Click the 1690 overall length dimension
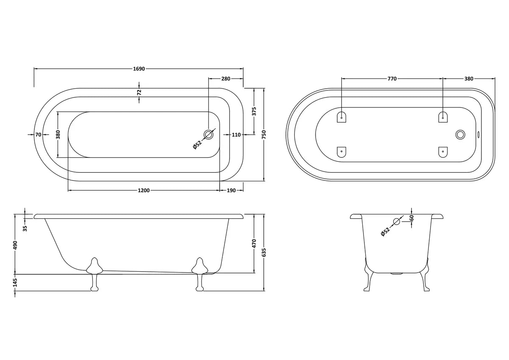pyautogui.click(x=139, y=68)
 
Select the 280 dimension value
pyautogui.click(x=226, y=79)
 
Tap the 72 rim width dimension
pyautogui.click(x=139, y=92)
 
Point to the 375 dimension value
pyautogui.click(x=254, y=111)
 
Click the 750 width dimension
pyautogui.click(x=264, y=135)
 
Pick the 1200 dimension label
pyautogui.click(x=143, y=191)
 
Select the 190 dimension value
pyautogui.click(x=231, y=191)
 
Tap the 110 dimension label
pyautogui.click(x=236, y=135)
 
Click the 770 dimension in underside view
pyautogui.click(x=392, y=79)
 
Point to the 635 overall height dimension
pyautogui.click(x=264, y=253)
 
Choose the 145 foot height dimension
pyautogui.click(x=15, y=283)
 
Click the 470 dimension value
pyautogui.click(x=254, y=244)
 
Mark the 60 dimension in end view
pyautogui.click(x=411, y=218)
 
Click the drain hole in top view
pyautogui.click(x=209, y=135)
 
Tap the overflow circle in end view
pyautogui.click(x=397, y=221)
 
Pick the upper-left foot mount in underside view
pyautogui.click(x=342, y=117)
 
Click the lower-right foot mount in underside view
pyautogui.click(x=443, y=152)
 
